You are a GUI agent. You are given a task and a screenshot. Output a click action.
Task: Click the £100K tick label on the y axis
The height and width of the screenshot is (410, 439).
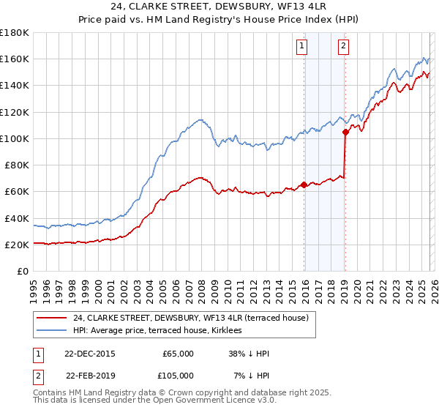click(x=14, y=138)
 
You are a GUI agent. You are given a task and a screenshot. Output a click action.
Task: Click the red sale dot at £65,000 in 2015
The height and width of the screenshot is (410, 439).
click(x=304, y=184)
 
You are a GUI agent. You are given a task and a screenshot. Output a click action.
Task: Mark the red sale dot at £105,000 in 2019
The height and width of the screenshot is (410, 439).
click(x=345, y=132)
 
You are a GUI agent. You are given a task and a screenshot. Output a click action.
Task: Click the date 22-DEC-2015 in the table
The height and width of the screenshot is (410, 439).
click(x=90, y=354)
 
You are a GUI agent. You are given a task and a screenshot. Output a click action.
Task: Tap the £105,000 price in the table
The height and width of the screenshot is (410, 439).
click(x=178, y=376)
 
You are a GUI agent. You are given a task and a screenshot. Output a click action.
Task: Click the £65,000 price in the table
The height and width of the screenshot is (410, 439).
click(x=178, y=354)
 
